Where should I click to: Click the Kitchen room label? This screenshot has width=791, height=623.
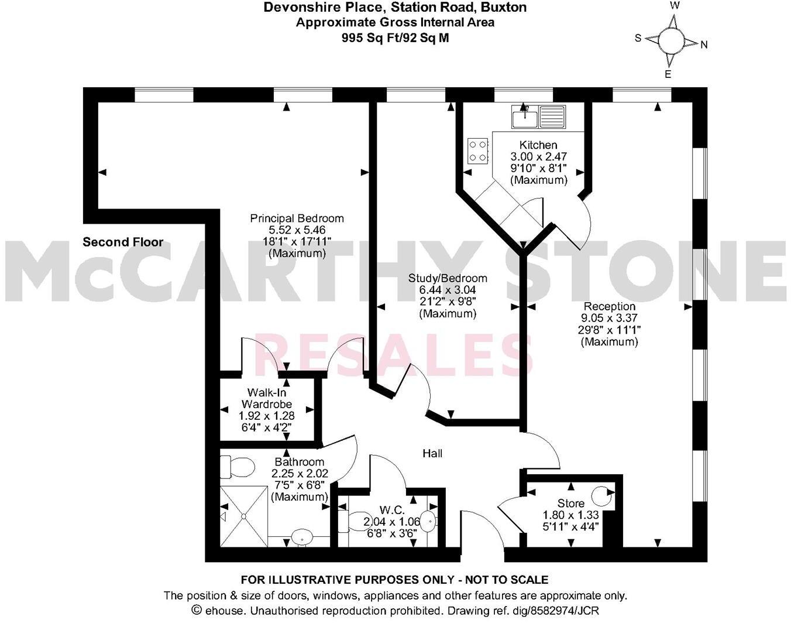[538, 145]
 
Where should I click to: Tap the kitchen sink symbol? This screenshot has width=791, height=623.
[538, 117]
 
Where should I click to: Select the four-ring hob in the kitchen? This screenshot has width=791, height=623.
[479, 150]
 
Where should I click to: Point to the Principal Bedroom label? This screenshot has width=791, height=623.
[297, 218]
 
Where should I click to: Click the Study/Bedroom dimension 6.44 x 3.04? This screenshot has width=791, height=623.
[448, 290]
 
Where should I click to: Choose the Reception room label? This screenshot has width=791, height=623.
[609, 306]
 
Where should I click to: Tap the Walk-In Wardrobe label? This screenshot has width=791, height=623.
[266, 398]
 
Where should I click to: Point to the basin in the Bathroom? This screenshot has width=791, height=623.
[302, 535]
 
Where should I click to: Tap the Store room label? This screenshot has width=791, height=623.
[570, 504]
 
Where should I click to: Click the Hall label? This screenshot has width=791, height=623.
[432, 453]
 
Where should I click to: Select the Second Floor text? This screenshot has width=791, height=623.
[123, 242]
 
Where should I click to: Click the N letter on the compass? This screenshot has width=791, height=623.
[704, 44]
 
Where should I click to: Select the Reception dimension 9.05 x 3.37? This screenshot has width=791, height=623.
[609, 318]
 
